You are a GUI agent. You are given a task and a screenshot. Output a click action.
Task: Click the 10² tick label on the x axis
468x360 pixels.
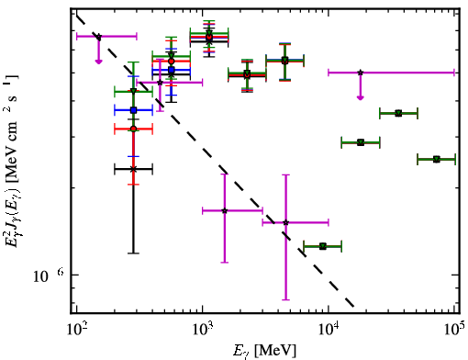(76, 330)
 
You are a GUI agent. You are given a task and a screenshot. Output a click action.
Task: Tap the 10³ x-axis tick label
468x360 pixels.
(202, 330)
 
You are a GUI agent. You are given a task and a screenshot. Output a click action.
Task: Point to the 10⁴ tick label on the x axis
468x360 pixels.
(329, 330)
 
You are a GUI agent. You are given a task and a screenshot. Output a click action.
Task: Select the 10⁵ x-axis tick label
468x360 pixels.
(454, 329)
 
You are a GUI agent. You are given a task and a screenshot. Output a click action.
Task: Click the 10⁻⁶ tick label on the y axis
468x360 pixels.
(49, 276)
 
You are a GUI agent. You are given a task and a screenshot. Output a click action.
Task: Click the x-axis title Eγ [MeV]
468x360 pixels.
(265, 351)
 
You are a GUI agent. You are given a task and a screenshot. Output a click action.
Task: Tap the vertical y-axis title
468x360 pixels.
(12, 163)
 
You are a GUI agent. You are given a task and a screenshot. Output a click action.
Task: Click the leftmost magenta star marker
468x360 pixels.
(98, 37)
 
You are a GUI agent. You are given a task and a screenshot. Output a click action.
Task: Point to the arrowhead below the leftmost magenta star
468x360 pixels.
(98, 62)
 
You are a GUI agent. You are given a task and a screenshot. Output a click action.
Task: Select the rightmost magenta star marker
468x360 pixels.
(361, 73)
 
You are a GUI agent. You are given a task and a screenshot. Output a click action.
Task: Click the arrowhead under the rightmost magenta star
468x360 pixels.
(361, 97)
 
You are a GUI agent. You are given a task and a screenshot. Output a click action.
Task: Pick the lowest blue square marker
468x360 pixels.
(133, 110)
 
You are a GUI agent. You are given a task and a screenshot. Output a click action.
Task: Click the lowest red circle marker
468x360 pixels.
(133, 129)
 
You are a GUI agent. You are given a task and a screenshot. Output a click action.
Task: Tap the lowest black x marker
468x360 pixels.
(133, 169)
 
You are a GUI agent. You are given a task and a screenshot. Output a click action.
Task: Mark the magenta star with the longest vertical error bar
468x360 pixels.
(285, 222)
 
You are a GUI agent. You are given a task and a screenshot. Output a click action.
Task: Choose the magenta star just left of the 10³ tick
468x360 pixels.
(160, 83)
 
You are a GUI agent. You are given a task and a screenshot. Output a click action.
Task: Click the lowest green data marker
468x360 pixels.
(323, 246)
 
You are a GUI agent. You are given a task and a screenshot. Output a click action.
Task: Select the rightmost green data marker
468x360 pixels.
(437, 159)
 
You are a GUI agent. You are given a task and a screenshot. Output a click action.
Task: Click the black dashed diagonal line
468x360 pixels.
(216, 161)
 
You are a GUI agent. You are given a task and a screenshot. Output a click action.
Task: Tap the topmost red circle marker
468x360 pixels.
(209, 37)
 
